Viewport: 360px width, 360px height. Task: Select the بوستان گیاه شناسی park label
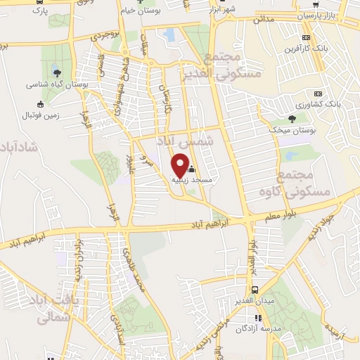(51, 84)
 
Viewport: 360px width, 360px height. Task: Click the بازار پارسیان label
(318, 15)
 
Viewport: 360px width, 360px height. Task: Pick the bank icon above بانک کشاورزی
(318, 93)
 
